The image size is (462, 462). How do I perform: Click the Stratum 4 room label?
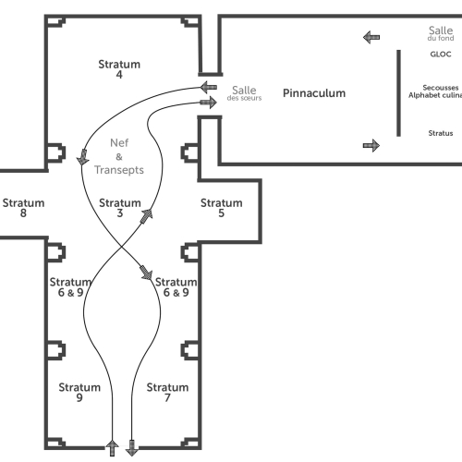(119, 69)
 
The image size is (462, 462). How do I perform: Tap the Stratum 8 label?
(23, 208)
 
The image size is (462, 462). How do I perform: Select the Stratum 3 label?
(120, 208)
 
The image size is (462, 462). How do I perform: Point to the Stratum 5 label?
(222, 208)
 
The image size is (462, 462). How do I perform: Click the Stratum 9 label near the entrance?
(79, 392)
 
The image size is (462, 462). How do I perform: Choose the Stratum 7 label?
(167, 392)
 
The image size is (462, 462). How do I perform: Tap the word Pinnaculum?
(314, 93)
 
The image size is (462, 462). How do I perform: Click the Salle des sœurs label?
(244, 93)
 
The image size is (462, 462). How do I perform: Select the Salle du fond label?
(441, 33)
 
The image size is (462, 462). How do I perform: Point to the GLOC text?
(441, 55)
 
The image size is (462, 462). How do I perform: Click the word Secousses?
(441, 88)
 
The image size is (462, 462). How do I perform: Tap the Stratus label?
(441, 133)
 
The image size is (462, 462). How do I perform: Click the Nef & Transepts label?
(119, 156)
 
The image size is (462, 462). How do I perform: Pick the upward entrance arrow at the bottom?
(112, 448)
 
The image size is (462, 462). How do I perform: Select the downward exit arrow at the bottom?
(132, 448)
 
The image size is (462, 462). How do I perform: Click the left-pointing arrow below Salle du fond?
(371, 37)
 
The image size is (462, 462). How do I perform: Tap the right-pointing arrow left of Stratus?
(371, 145)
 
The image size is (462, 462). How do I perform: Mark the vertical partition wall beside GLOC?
(398, 92)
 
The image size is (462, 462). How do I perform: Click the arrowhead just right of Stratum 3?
(147, 215)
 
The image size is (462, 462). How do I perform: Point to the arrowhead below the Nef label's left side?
(82, 157)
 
